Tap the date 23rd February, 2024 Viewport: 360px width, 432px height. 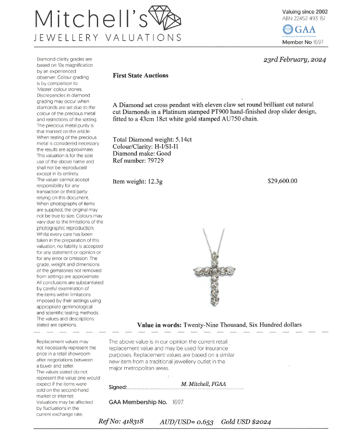coord(295,60)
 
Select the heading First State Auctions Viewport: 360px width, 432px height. coord(140,75)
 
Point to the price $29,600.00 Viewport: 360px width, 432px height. coord(282,181)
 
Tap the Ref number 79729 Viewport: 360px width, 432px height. coord(156,161)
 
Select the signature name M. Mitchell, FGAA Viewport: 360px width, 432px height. coord(204,384)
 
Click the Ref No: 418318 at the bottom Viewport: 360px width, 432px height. coord(121,421)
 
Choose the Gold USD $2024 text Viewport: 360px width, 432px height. coord(246,421)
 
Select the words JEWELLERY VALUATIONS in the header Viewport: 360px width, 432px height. coord(108,37)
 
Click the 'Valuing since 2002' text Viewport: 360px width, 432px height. coord(305,12)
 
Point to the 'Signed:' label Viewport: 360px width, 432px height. coord(118,387)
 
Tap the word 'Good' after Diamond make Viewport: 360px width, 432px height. coord(163,154)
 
